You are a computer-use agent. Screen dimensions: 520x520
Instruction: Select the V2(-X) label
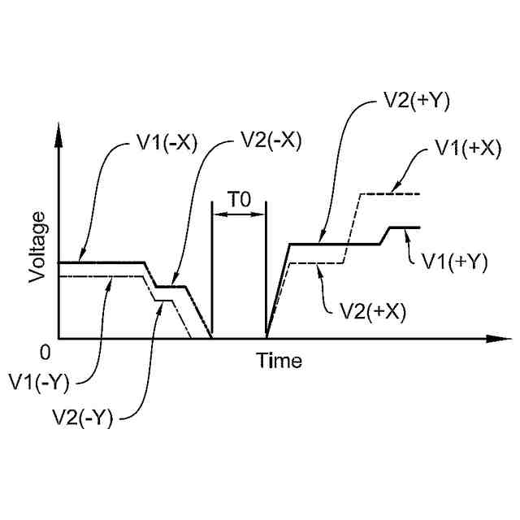[271, 140]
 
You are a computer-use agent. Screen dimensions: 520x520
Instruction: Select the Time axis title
[279, 360]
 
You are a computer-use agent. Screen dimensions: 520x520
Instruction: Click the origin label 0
[45, 352]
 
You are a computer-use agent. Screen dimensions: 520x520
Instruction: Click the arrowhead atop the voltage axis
[58, 134]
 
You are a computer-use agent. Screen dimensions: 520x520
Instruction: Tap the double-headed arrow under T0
[238, 214]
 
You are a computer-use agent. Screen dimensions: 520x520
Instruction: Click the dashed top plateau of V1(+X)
[389, 194]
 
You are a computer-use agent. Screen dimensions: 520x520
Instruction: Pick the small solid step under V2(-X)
[171, 287]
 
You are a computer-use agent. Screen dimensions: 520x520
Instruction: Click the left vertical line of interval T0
[210, 268]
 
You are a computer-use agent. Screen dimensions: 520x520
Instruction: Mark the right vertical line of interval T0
[266, 268]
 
